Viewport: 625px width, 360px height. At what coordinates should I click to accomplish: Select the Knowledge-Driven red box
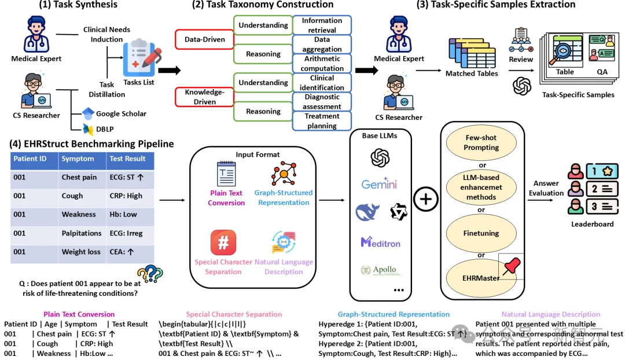tap(203, 97)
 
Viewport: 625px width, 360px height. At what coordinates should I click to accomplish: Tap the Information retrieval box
tap(322, 25)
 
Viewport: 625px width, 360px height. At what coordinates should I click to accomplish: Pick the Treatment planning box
tap(322, 120)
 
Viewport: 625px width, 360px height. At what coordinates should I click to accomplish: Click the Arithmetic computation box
tap(322, 64)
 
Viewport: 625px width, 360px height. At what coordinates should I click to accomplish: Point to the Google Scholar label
tap(121, 113)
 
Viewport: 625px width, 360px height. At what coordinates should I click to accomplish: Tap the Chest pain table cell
tap(79, 177)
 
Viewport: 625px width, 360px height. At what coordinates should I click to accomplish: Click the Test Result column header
tap(127, 159)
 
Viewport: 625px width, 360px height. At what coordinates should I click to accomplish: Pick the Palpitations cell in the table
tap(82, 233)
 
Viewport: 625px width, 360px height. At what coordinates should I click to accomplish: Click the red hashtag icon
tap(223, 243)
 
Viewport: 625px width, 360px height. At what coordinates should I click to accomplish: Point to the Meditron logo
tap(381, 243)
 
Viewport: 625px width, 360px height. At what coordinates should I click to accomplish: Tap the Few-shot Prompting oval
tap(481, 143)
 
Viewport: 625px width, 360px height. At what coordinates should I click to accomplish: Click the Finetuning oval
tap(481, 234)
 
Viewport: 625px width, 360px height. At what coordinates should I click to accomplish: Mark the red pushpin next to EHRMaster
tap(511, 266)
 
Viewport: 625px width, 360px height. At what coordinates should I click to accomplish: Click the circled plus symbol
tap(426, 200)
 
